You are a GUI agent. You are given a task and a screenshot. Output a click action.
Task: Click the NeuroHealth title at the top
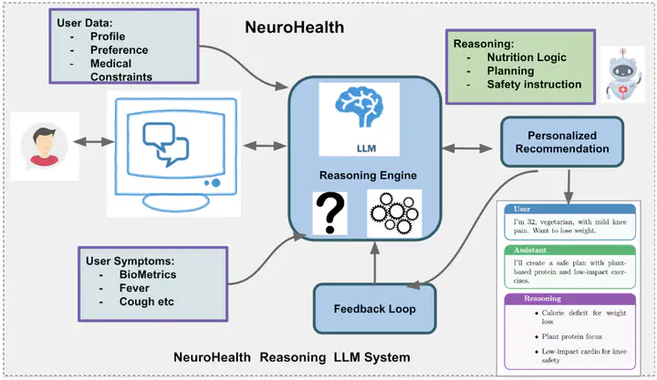(x=295, y=26)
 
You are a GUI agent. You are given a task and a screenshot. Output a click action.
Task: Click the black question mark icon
(x=329, y=213)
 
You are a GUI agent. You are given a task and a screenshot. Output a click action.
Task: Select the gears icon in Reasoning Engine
(x=393, y=213)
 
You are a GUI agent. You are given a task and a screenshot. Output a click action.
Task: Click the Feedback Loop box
(x=373, y=309)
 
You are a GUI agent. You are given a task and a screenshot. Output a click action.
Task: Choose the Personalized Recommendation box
(x=561, y=141)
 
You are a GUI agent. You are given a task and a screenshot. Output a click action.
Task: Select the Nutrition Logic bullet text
(x=525, y=56)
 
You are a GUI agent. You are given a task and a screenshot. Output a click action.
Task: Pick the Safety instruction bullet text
(x=534, y=84)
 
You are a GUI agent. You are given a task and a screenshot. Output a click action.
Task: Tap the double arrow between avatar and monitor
(x=82, y=143)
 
